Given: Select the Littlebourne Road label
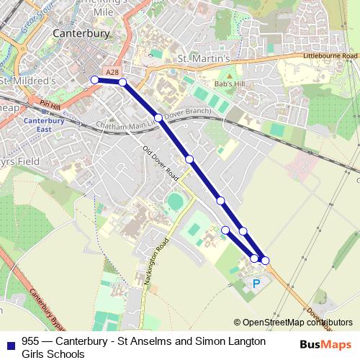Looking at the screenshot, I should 330,55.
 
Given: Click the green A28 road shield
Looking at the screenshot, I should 112,72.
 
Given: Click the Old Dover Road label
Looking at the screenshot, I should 161,163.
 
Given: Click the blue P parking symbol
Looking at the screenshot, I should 256,284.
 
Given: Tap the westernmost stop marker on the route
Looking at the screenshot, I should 94,80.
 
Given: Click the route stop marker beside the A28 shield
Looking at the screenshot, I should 122,83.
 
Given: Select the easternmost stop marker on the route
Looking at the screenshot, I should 265,260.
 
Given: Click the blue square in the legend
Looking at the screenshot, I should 9,342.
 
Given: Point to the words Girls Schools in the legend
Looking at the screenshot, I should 53,354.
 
